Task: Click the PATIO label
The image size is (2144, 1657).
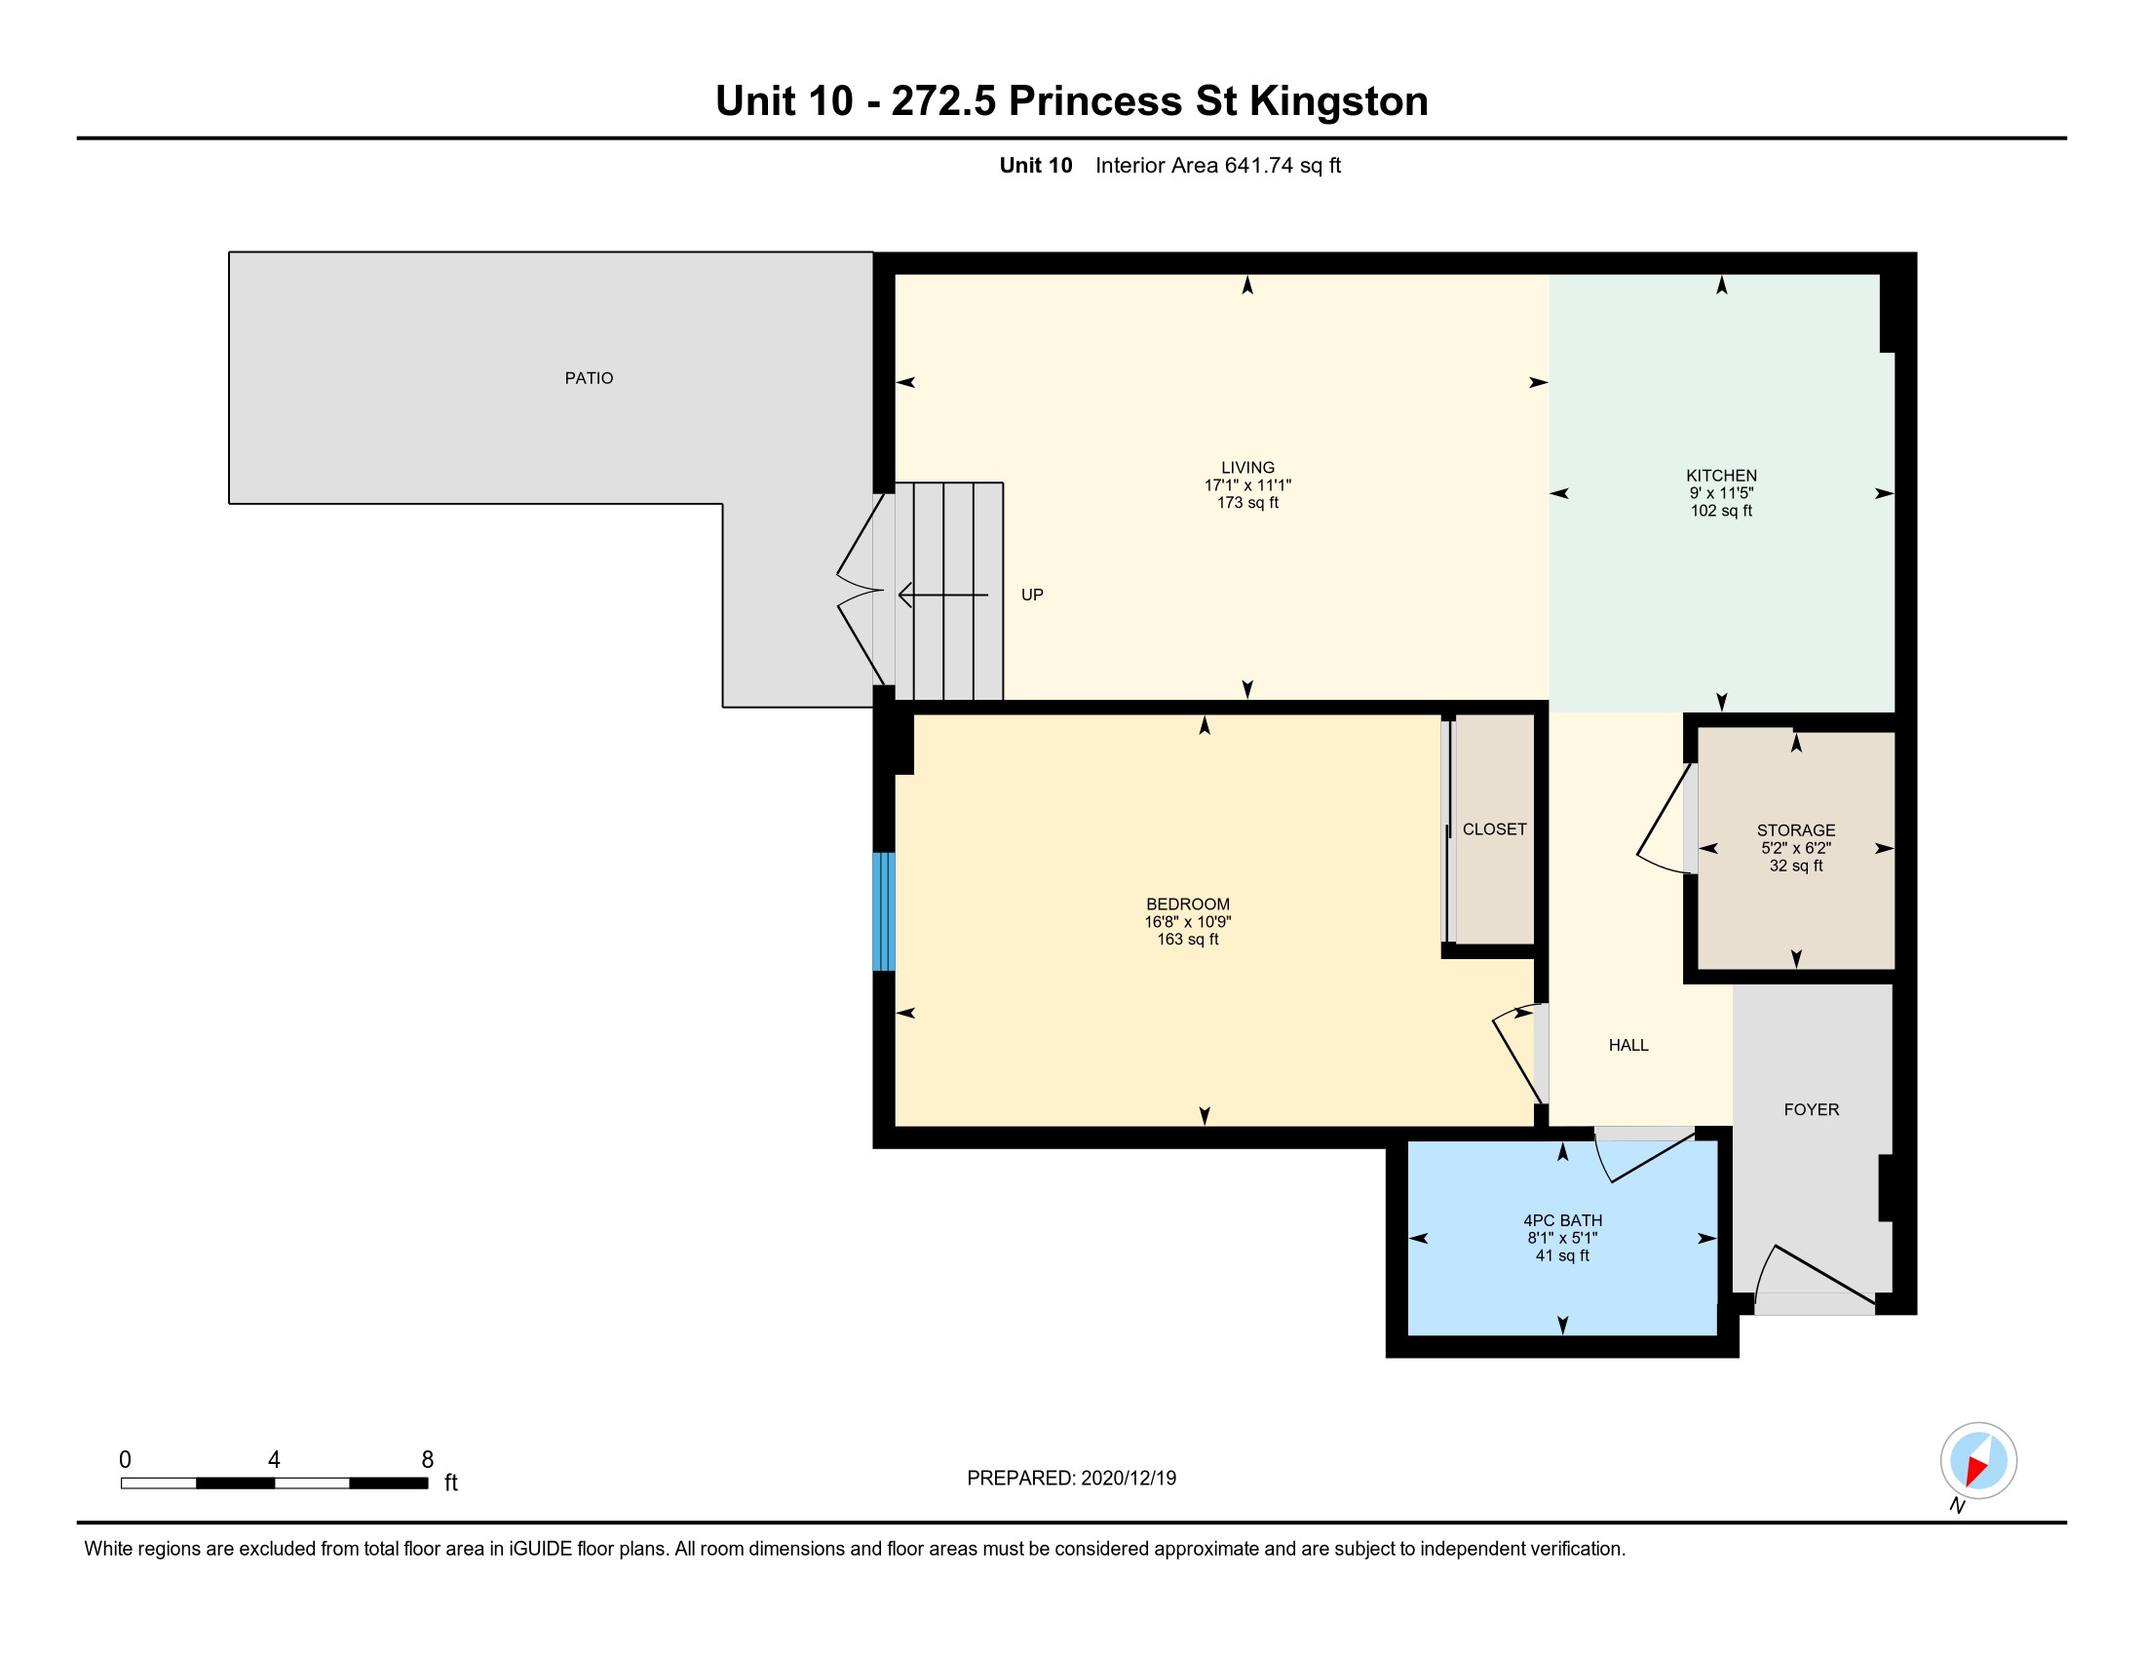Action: click(x=588, y=378)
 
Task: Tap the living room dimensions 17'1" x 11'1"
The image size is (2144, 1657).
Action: click(x=1246, y=485)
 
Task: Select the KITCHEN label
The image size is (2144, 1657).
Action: click(x=1721, y=475)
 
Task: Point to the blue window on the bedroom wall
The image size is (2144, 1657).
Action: click(x=884, y=911)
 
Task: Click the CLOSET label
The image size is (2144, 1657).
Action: click(x=1494, y=829)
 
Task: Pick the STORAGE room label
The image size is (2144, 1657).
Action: click(x=1795, y=830)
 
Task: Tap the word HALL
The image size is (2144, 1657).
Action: click(x=1628, y=1046)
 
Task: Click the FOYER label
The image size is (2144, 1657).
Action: click(x=1812, y=1109)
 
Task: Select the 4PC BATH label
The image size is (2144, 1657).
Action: click(x=1563, y=1220)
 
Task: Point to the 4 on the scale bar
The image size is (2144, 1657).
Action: click(x=274, y=1460)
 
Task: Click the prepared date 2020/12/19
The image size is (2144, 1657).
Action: click(x=1128, y=1479)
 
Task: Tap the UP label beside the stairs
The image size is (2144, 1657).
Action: click(x=1032, y=595)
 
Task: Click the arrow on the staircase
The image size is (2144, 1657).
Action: click(x=943, y=595)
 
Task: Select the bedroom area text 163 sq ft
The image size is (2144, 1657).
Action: click(x=1188, y=940)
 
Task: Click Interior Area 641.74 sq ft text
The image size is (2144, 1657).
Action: click(x=1218, y=166)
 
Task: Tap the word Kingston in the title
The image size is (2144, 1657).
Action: click(x=1338, y=101)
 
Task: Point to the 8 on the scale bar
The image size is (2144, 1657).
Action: click(x=427, y=1460)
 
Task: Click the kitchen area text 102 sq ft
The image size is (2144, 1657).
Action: click(x=1721, y=511)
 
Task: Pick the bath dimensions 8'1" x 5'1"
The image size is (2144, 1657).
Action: click(x=1563, y=1238)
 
